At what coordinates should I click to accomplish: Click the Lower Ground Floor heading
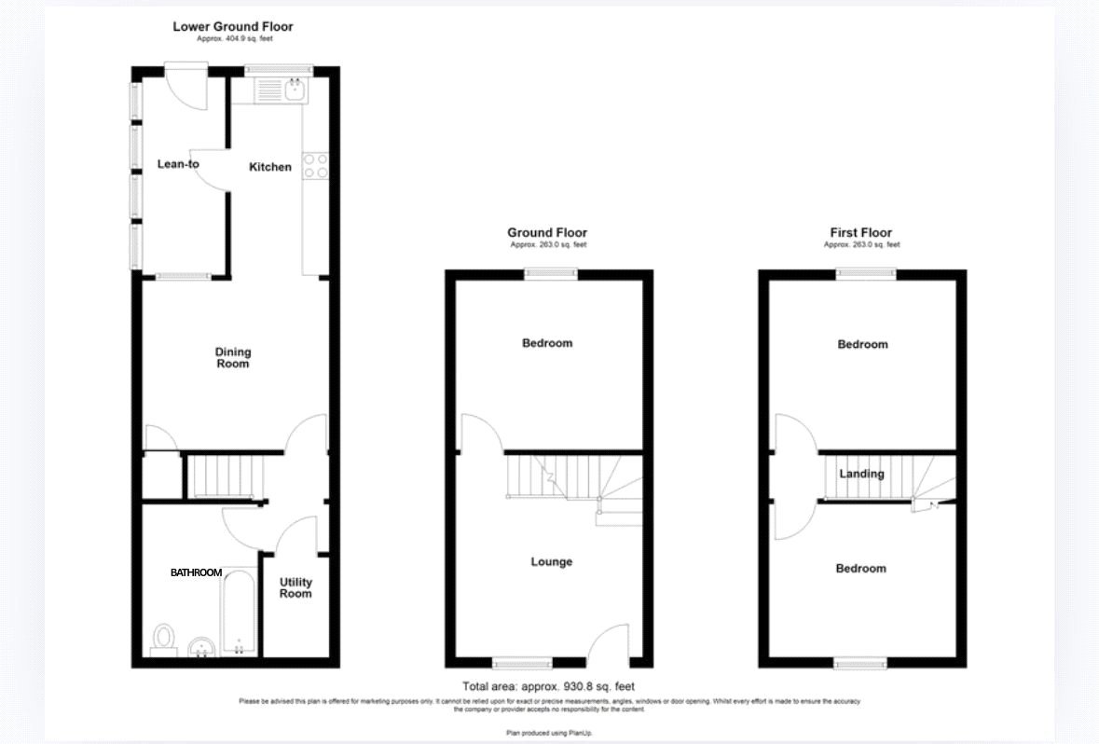[233, 26]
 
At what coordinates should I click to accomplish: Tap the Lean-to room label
[178, 164]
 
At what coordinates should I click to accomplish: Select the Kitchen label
[270, 167]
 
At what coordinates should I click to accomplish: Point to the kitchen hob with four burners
[315, 166]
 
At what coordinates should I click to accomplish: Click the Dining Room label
[233, 358]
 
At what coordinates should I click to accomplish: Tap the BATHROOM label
[196, 572]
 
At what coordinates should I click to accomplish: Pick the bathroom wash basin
[201, 645]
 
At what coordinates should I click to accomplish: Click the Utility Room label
[295, 587]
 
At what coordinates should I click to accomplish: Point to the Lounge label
[551, 562]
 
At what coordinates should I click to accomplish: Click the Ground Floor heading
[547, 232]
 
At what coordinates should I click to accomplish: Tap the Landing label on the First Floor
[861, 474]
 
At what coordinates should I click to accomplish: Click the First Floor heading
[861, 232]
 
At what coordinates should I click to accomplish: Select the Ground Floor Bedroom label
[547, 343]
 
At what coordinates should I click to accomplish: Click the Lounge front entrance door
[611, 643]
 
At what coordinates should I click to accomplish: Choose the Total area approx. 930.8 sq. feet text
[548, 686]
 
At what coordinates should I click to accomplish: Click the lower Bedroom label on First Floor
[860, 568]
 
